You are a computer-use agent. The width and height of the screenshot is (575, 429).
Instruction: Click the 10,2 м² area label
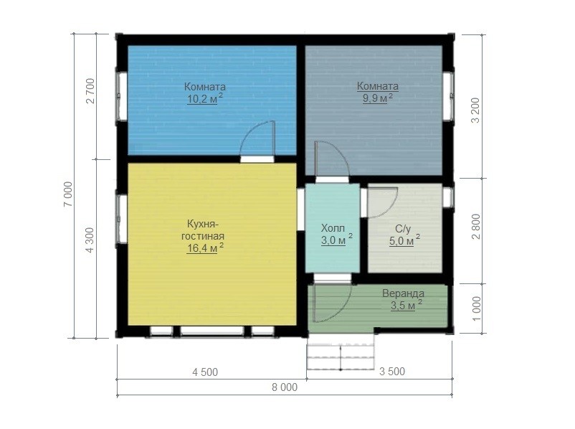(x=205, y=99)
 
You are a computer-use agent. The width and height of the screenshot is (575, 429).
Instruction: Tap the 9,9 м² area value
(x=378, y=98)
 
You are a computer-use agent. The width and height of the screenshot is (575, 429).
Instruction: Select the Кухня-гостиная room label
(x=203, y=230)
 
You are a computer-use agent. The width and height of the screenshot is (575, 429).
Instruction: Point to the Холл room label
(x=333, y=228)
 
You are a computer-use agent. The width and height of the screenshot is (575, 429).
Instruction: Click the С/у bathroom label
(x=403, y=229)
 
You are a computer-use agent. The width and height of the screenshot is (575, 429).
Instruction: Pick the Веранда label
(x=403, y=293)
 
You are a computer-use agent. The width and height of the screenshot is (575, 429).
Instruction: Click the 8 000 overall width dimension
(x=285, y=387)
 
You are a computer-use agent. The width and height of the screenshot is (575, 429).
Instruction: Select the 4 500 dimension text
(x=205, y=372)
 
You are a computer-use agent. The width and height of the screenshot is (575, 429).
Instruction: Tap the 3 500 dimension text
(x=392, y=372)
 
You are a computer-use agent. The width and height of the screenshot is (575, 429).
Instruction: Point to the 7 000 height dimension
(x=69, y=194)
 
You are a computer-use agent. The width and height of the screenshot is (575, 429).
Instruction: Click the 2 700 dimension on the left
(x=90, y=90)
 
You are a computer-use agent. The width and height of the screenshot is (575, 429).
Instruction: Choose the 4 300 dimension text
(x=90, y=240)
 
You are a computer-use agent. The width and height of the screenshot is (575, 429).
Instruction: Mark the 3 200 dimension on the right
(x=475, y=110)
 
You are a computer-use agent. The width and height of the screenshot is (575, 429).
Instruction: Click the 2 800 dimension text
(x=476, y=227)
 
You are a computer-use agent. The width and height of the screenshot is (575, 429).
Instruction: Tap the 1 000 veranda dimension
(x=476, y=308)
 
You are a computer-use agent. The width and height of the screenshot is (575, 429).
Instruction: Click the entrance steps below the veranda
(x=341, y=352)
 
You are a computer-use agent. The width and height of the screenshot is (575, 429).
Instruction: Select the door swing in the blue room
(x=257, y=138)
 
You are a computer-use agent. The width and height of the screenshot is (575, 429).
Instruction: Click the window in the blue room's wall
(x=121, y=96)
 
